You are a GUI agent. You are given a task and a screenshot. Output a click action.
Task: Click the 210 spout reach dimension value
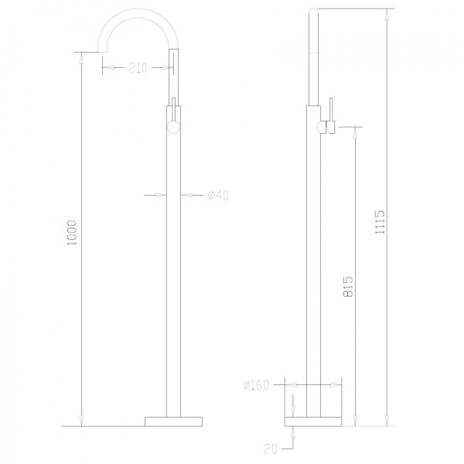pos(138,68)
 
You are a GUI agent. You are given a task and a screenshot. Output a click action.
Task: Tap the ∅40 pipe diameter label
pos(218,195)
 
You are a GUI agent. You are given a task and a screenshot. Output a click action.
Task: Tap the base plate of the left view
pos(173,421)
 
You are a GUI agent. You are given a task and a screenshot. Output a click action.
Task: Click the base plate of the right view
pos(314,421)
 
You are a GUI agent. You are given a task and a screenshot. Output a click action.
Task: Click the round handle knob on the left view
pos(173,125)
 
